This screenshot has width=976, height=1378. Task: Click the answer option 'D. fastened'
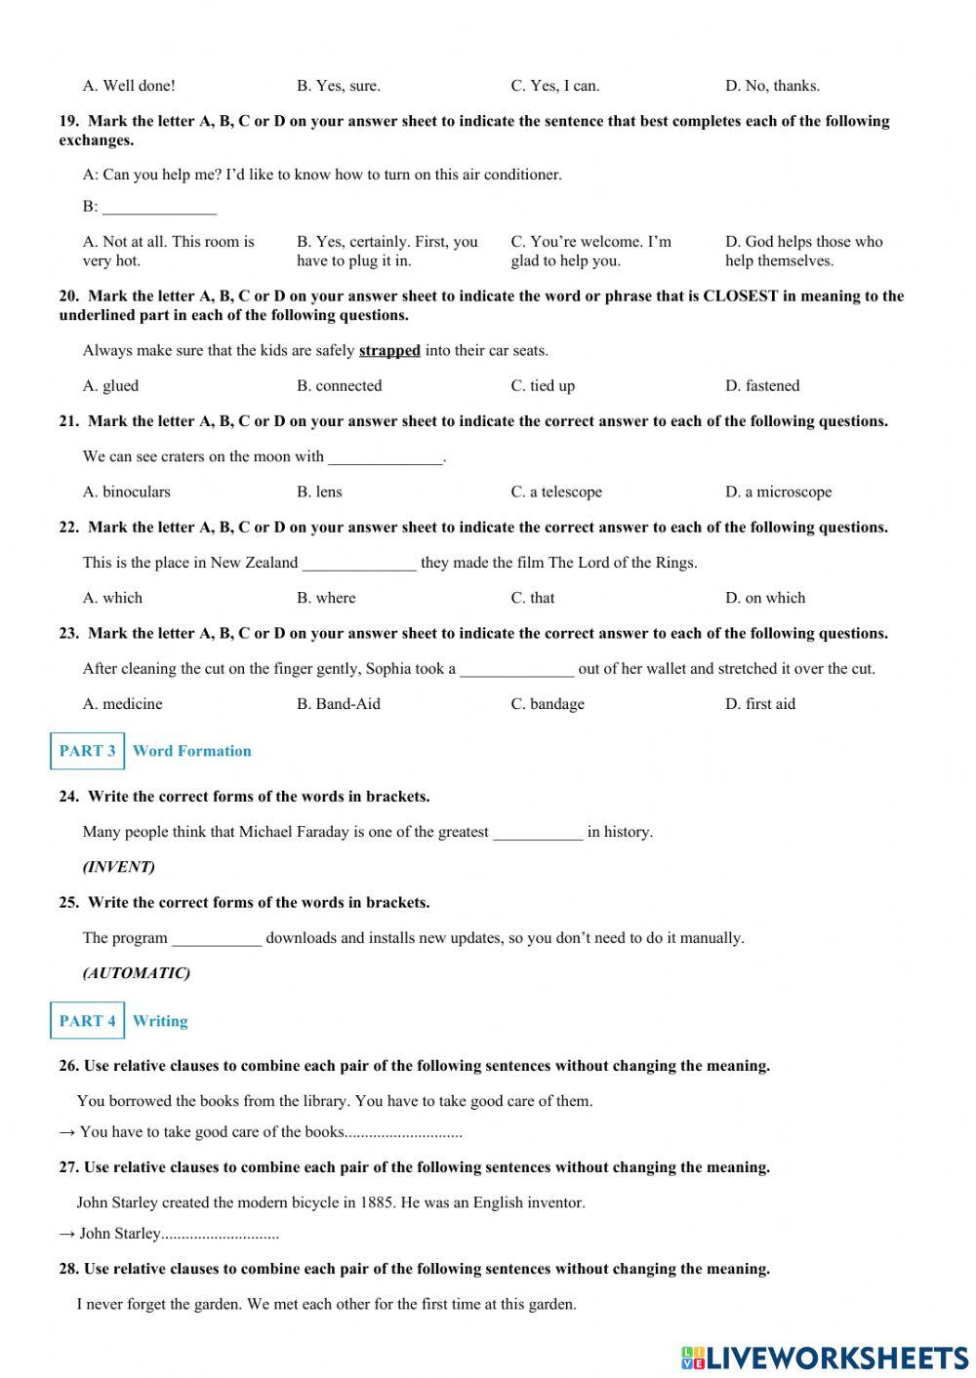(x=761, y=386)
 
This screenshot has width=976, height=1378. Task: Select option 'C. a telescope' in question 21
(x=556, y=492)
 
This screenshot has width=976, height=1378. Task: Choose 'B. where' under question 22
(x=326, y=598)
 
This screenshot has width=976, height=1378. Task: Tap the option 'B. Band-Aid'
(x=338, y=704)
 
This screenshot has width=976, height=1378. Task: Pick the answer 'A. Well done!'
(x=129, y=86)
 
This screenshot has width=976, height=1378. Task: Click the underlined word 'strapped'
(x=389, y=351)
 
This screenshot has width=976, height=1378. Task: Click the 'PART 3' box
(x=87, y=751)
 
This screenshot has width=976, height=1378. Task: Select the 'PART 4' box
(x=87, y=1021)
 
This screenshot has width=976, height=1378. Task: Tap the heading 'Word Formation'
(x=191, y=751)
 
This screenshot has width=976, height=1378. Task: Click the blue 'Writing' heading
(x=160, y=1021)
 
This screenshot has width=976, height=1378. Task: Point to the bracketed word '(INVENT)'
(x=118, y=867)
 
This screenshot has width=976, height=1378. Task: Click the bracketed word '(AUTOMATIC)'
(x=136, y=973)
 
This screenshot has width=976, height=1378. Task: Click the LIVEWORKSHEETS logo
(x=825, y=1358)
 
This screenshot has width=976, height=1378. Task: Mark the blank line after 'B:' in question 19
(x=159, y=208)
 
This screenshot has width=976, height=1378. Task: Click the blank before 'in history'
(x=538, y=833)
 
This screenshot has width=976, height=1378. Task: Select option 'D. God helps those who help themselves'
(x=803, y=251)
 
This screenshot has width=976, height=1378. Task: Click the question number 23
(x=68, y=634)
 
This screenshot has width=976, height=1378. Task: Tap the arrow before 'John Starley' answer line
(x=67, y=1234)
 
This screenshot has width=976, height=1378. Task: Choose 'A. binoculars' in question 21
(x=126, y=492)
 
